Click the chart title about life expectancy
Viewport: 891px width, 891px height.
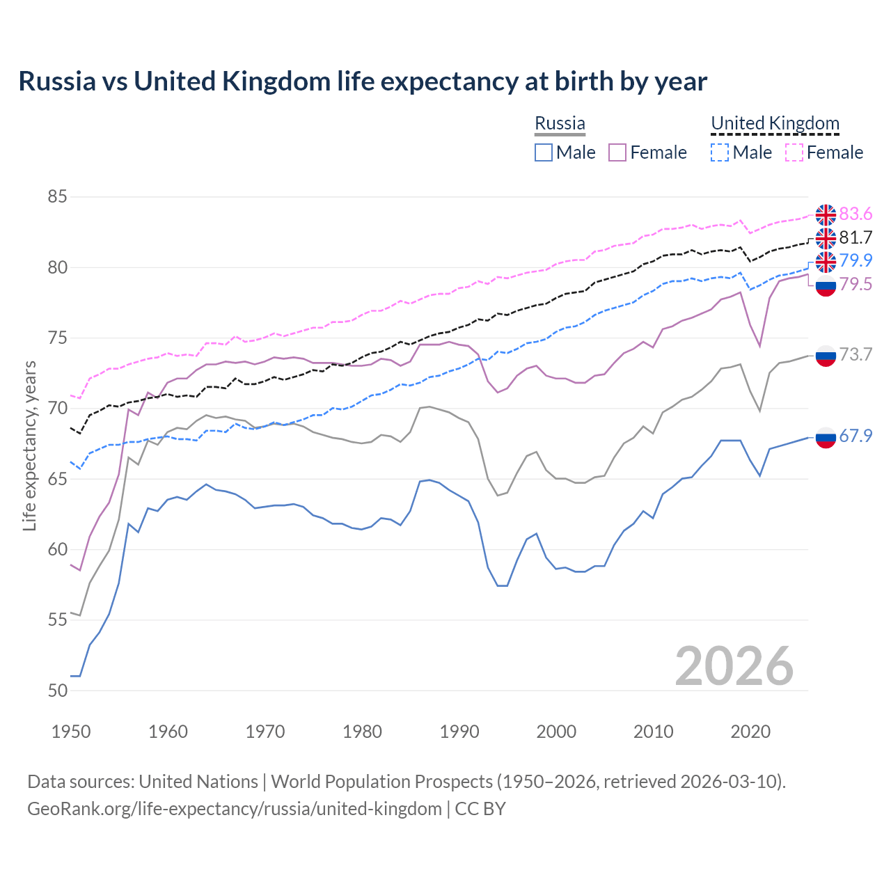pyautogui.click(x=363, y=81)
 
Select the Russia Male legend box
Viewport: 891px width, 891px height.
pyautogui.click(x=544, y=152)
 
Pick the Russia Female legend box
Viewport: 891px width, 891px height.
pyautogui.click(x=617, y=152)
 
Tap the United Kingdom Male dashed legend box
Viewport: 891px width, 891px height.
pyautogui.click(x=720, y=152)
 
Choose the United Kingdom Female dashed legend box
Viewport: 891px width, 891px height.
pyautogui.click(x=794, y=152)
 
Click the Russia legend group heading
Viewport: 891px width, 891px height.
pyautogui.click(x=560, y=124)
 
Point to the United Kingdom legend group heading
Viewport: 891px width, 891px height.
pyautogui.click(x=775, y=124)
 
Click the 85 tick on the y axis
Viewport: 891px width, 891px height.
pyautogui.click(x=57, y=197)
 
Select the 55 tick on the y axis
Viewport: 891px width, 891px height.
pyautogui.click(x=57, y=620)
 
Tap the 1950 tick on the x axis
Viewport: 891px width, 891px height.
pyautogui.click(x=71, y=732)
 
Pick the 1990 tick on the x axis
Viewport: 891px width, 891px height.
pyautogui.click(x=459, y=732)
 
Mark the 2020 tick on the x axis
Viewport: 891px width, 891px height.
pyautogui.click(x=750, y=732)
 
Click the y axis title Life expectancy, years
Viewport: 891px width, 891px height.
pyautogui.click(x=30, y=445)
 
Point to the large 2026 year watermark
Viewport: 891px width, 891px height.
pyautogui.click(x=734, y=666)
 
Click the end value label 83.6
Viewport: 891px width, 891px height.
pyautogui.click(x=855, y=214)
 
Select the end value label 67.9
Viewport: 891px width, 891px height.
pyautogui.click(x=855, y=436)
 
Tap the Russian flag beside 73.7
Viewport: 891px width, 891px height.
pyautogui.click(x=826, y=355)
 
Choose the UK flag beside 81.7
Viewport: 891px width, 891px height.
pyautogui.click(x=826, y=238)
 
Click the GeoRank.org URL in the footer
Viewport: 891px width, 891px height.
pyautogui.click(x=235, y=809)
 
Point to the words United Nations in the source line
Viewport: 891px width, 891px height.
pyautogui.click(x=198, y=782)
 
